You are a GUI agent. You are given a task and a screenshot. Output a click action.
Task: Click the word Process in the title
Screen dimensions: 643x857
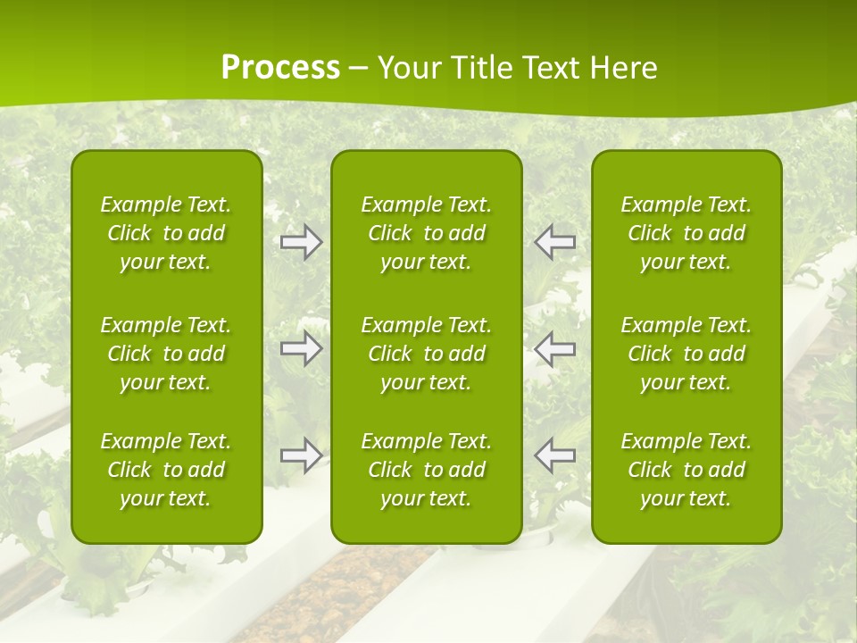point(280,68)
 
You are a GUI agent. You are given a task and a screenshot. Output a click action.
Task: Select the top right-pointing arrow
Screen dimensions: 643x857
point(302,242)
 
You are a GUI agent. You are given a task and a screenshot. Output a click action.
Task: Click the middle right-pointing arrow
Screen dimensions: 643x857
point(302,348)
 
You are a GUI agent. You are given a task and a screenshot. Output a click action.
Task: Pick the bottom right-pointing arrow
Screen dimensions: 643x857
point(302,455)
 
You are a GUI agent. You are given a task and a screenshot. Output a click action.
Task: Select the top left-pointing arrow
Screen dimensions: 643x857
point(555,242)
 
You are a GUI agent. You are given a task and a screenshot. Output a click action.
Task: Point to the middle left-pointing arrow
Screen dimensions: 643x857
point(555,348)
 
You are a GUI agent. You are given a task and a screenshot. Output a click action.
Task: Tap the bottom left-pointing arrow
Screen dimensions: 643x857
point(555,455)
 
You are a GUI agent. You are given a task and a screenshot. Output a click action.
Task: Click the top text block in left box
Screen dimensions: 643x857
point(166,233)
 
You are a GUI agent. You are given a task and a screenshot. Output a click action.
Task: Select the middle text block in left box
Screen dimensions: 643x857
point(166,354)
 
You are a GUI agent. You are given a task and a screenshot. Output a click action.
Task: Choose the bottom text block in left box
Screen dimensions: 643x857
point(166,470)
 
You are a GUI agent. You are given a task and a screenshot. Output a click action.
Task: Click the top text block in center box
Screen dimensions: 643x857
point(427,233)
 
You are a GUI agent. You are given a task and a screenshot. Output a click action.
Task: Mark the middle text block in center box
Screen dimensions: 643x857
point(427,354)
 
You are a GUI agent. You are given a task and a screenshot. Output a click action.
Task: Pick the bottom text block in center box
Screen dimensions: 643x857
point(427,470)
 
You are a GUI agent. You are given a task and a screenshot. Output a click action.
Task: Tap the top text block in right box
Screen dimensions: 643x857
point(686,233)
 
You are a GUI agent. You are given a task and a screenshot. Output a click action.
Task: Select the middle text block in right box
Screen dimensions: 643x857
point(686,354)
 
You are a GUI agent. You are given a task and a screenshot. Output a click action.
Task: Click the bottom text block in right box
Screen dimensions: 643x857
point(686,470)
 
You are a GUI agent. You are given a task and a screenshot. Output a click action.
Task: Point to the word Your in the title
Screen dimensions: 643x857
point(407,68)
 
